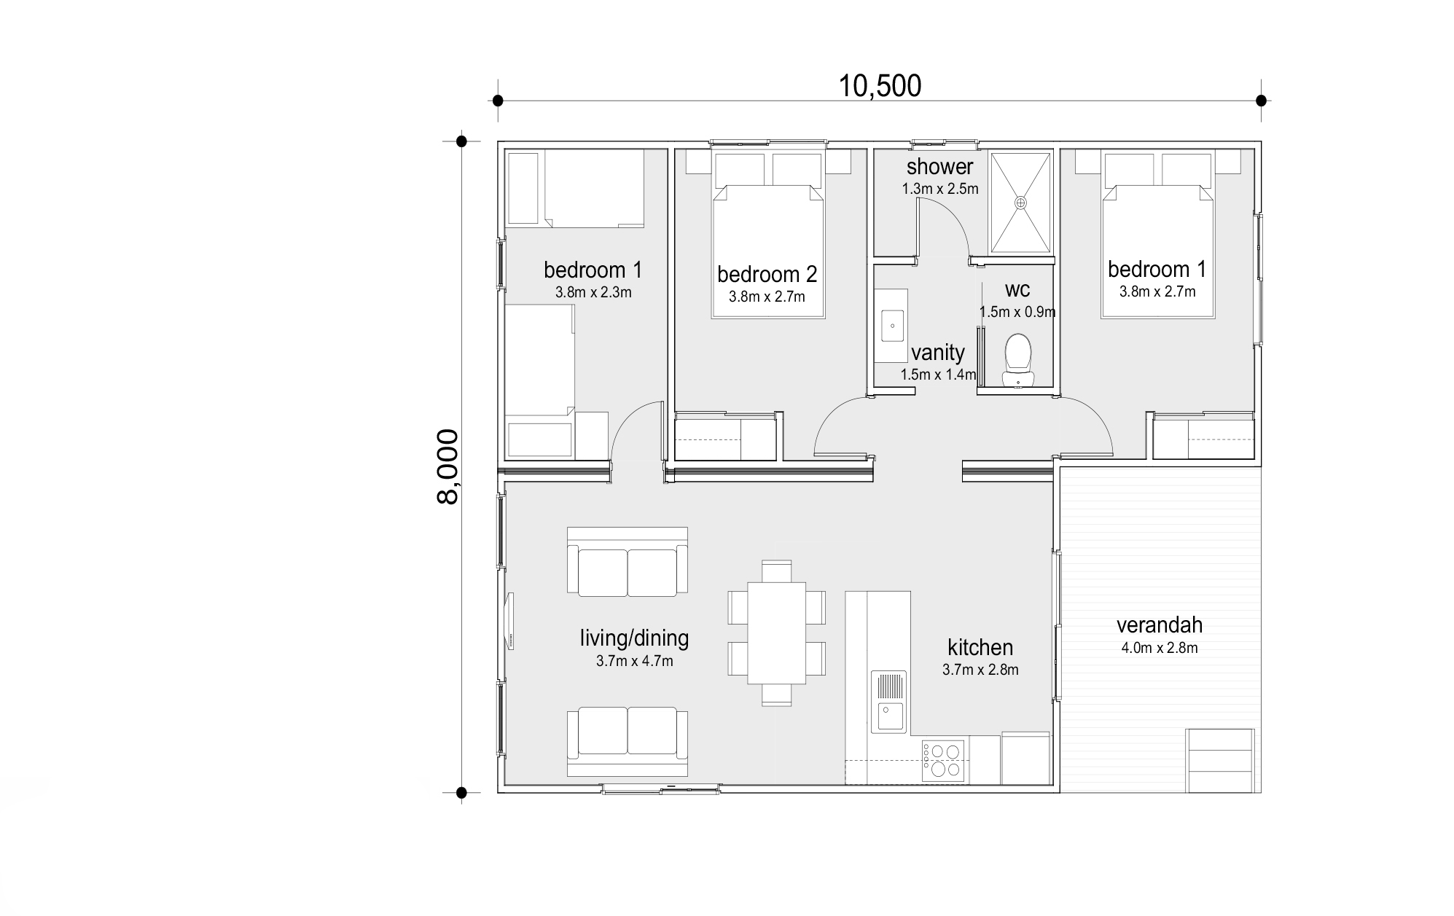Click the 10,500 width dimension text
pos(880,86)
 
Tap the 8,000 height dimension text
pos(447,466)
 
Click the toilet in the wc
pos(1017,358)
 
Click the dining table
pos(776,633)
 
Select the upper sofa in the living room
pos(628,562)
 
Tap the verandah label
pos(1159,625)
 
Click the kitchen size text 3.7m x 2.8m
pos(980,670)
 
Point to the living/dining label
pos(634,638)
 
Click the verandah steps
pos(1219,760)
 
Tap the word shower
pos(939,166)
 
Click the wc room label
pos(1017,289)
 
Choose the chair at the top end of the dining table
pos(776,571)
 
